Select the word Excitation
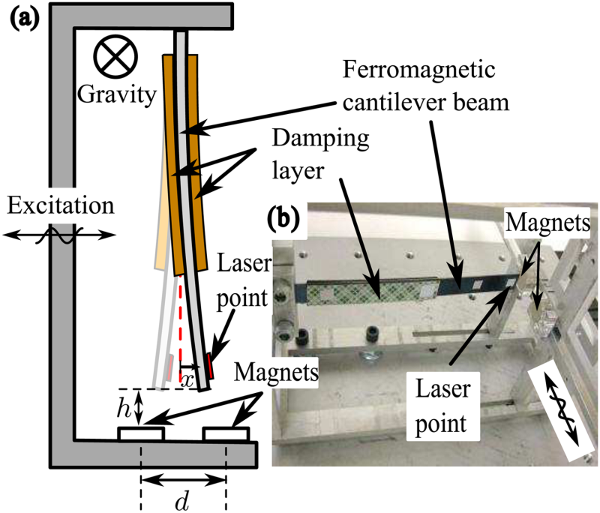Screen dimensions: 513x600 [58, 204]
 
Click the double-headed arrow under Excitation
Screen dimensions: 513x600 [60, 235]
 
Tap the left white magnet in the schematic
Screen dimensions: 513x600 [141, 433]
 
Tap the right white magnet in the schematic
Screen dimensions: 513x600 [226, 433]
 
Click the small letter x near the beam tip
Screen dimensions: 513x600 [188, 381]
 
